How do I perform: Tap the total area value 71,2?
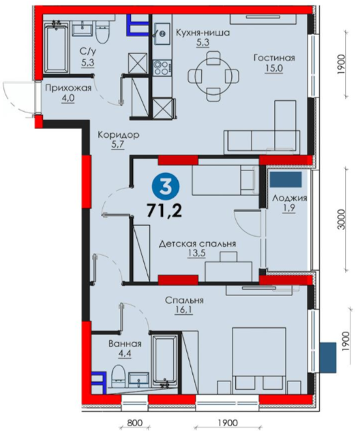tap(164, 211)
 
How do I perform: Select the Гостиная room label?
tap(274, 58)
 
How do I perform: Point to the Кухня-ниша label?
tap(202, 33)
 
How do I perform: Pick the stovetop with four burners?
tap(161, 68)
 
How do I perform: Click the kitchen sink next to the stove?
tap(162, 33)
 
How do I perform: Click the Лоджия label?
tap(289, 198)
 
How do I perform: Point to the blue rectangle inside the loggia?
tap(286, 180)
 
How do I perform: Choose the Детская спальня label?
tap(198, 244)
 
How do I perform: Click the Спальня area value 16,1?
tap(184, 310)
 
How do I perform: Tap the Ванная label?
tap(125, 344)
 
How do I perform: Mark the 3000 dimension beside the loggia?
tap(342, 220)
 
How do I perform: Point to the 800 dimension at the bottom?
tap(136, 422)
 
